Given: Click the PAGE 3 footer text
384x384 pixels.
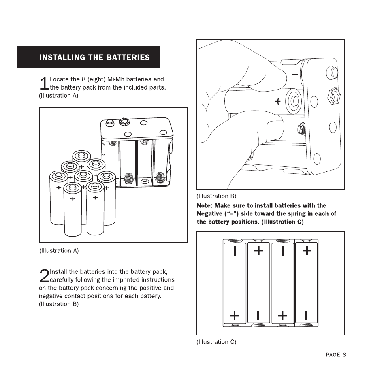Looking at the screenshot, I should [336, 355].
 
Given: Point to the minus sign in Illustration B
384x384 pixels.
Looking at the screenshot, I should [295, 75].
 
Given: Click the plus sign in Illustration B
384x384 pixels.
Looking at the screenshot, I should [278, 102].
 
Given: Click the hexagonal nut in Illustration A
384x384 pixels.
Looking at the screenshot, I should [124, 121].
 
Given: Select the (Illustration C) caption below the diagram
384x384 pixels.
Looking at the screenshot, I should [216, 342].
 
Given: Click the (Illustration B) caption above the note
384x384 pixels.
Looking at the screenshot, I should [216, 196].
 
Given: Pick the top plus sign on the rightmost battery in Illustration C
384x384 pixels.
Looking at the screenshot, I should [307, 251].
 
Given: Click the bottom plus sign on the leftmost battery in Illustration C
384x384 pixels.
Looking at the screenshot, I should [235, 315].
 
